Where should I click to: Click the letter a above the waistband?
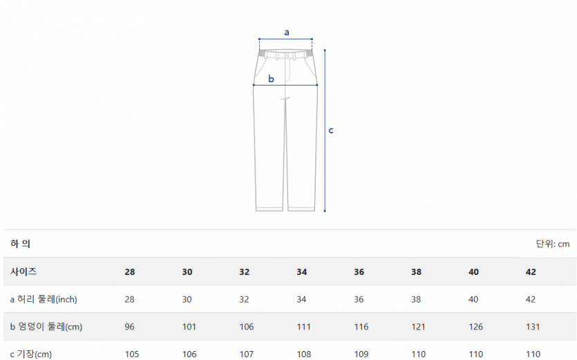[287, 32]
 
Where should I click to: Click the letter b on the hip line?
[271, 78]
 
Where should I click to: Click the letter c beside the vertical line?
[331, 131]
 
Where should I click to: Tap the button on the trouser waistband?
[287, 55]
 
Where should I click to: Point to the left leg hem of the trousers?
[269, 209]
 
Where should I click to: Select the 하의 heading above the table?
[20, 244]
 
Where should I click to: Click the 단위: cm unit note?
[553, 244]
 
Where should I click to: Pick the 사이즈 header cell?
[23, 272]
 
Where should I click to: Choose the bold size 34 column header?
[302, 272]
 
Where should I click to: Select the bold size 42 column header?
[531, 272]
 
